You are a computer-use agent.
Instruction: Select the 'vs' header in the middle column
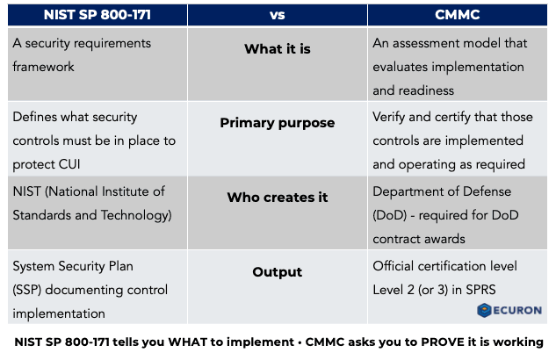(x=277, y=15)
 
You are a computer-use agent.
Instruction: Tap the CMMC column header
(x=459, y=15)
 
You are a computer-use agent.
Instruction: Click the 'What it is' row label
(x=277, y=49)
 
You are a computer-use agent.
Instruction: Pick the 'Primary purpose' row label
(x=277, y=123)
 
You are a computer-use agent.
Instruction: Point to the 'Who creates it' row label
(x=277, y=198)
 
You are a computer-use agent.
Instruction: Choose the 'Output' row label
(x=277, y=272)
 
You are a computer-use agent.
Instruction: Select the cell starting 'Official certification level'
(x=444, y=277)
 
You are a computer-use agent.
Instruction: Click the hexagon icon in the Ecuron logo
(x=484, y=310)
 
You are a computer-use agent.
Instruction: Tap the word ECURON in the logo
(x=517, y=310)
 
